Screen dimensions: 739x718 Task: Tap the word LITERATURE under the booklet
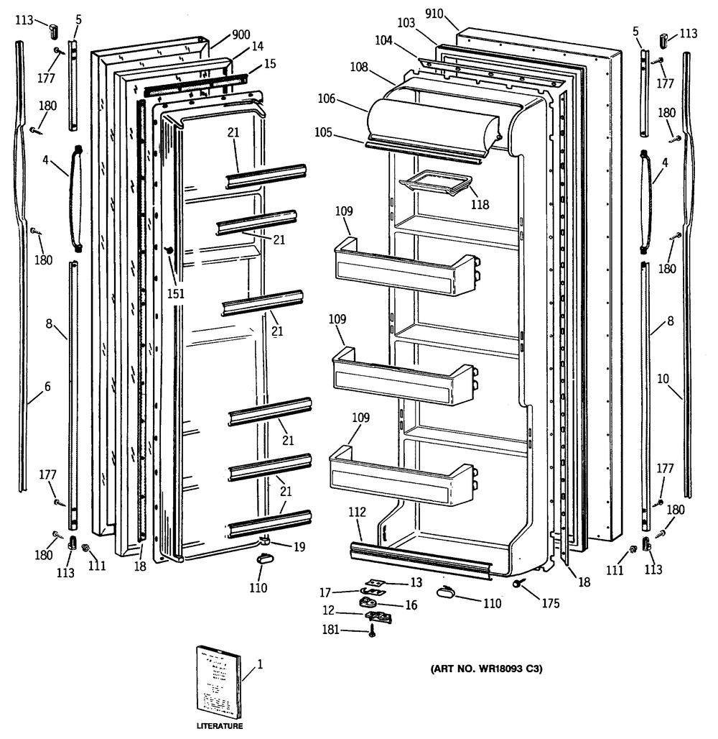tap(220, 726)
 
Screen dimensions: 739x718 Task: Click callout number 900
tap(241, 35)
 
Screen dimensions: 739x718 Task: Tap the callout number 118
tap(480, 205)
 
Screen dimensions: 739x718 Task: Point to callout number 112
tap(358, 513)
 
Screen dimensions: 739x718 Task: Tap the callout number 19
tap(298, 547)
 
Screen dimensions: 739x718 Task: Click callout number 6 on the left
tap(47, 387)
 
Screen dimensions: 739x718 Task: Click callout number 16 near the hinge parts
tap(411, 605)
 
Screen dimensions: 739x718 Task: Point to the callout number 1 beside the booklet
tap(260, 664)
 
